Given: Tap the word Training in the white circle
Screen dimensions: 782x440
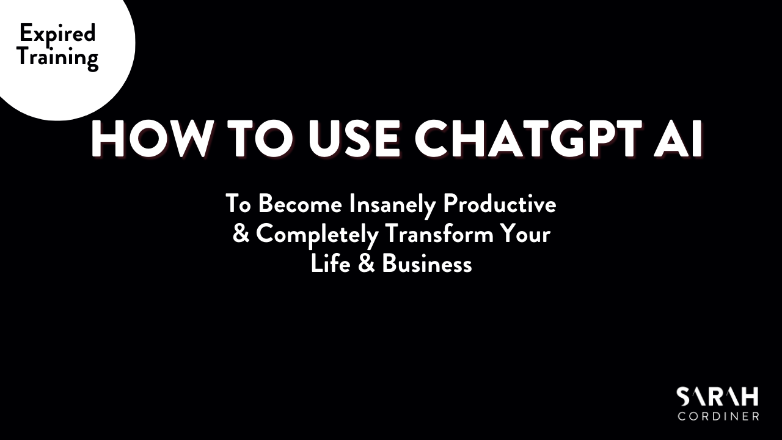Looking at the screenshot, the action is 58,57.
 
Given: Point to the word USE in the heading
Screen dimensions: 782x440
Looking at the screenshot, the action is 354,139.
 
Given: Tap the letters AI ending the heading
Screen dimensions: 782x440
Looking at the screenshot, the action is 679,139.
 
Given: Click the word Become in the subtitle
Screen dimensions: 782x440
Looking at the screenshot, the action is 300,204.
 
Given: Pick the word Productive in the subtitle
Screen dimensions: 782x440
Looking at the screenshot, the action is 500,204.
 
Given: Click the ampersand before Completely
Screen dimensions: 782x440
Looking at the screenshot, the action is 241,233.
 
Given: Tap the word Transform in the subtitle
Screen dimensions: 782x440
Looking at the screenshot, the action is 440,233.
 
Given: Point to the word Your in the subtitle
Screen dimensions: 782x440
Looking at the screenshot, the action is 525,233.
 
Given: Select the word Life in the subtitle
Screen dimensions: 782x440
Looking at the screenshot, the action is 331,263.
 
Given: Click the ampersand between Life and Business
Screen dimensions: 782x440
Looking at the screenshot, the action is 366,263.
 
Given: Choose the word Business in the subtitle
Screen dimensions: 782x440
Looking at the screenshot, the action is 426,263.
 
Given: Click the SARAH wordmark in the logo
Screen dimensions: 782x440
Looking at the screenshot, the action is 717,397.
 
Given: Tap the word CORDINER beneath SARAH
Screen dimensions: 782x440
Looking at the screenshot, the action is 718,416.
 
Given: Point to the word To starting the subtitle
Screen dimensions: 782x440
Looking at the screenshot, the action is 238,204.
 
